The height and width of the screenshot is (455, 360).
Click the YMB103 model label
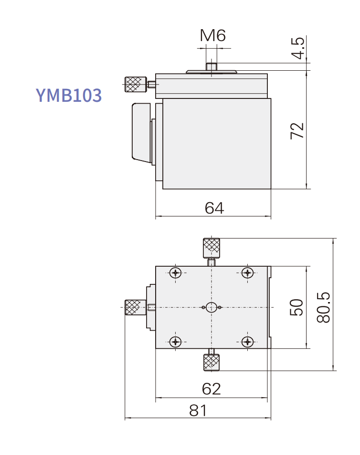click(x=69, y=95)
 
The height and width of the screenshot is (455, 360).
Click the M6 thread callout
click(x=212, y=35)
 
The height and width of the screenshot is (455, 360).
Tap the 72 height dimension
click(x=297, y=130)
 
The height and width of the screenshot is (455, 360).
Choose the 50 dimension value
click(x=296, y=307)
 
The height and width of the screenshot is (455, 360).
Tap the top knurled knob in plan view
click(x=211, y=247)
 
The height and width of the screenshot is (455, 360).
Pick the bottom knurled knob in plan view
click(x=211, y=362)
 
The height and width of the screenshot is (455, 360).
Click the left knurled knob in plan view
click(x=135, y=307)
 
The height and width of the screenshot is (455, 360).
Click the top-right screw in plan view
click(x=247, y=273)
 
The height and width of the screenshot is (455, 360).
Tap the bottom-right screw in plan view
click(x=247, y=341)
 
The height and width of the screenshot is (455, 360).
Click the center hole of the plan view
click(x=212, y=307)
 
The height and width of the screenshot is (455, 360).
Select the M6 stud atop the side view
click(x=211, y=66)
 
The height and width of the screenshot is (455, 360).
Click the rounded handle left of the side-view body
click(x=141, y=132)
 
